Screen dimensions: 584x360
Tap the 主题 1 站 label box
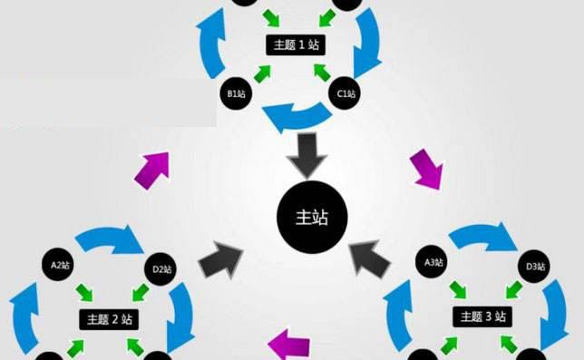[293, 44]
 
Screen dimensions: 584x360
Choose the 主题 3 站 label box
[482, 316]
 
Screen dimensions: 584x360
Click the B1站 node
[237, 93]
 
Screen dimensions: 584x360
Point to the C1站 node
[346, 93]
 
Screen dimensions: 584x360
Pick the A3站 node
[434, 263]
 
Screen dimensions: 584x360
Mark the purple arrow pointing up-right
[149, 169]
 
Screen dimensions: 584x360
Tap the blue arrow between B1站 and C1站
[294, 114]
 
